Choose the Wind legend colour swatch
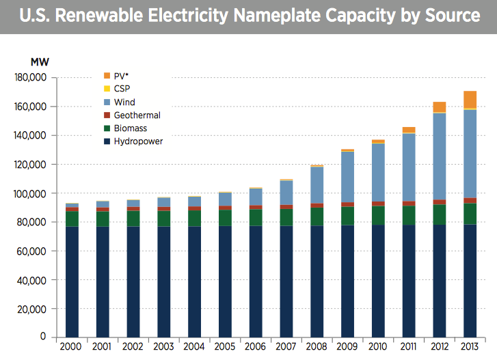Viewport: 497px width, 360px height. tap(107, 102)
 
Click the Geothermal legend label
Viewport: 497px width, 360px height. tap(137, 115)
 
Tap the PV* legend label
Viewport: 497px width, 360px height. tap(122, 77)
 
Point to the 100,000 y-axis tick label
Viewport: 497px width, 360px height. tap(29, 193)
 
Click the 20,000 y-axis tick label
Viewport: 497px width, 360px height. tap(32, 309)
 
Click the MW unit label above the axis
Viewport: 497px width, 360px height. tap(40, 62)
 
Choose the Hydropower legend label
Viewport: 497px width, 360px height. tap(139, 141)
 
